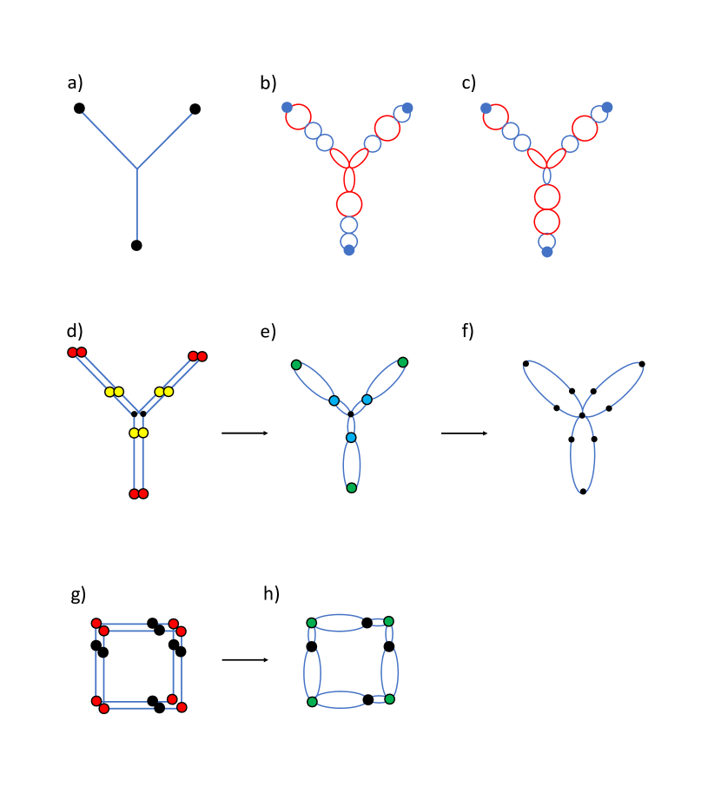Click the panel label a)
point(75,83)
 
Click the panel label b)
point(268,83)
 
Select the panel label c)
point(469,83)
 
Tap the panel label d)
point(75,331)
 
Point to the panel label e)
point(268,331)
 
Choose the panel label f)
point(468,331)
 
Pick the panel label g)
point(78,594)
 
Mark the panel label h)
point(271,593)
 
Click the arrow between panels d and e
point(245,433)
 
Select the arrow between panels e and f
point(464,433)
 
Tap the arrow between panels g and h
point(245,660)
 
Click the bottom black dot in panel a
point(136,246)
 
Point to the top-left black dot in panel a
point(79,109)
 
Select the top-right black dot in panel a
point(195,109)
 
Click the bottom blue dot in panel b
point(348,250)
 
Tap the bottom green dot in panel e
point(351,488)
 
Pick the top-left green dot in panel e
point(296,365)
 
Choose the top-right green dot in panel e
point(402,362)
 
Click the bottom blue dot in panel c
point(546,252)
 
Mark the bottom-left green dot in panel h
point(312,702)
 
